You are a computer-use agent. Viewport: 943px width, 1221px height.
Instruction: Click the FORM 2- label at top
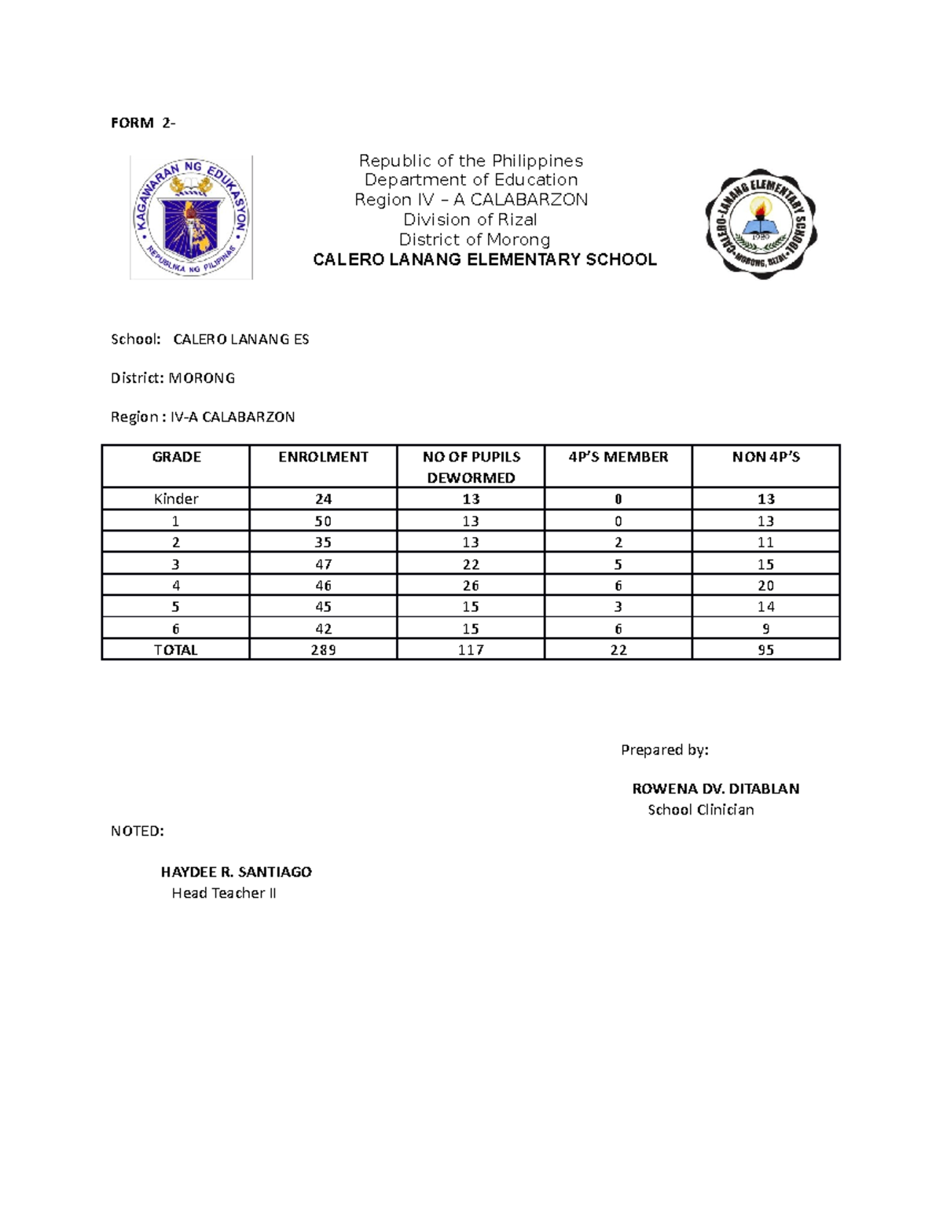pos(143,123)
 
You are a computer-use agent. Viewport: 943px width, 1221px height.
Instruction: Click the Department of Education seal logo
pos(191,217)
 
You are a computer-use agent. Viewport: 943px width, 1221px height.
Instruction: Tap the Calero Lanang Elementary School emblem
pos(760,223)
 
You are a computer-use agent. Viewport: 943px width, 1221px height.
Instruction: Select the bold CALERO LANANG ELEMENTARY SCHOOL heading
pos(484,260)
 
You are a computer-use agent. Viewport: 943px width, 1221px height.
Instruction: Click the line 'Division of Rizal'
pos(470,220)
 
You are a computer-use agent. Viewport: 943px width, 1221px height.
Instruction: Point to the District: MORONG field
pos(173,378)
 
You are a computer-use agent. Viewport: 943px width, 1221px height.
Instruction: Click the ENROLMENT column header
pos(323,457)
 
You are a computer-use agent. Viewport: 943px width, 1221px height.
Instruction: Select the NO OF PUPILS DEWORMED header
pos(471,467)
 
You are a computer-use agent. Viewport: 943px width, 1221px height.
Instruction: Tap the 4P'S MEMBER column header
pos(618,457)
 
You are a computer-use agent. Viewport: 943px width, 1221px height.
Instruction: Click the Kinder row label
pos(176,499)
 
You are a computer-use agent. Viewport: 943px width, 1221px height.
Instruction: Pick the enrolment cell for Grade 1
pos(323,521)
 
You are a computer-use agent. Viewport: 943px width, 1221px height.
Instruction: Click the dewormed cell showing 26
pos(471,586)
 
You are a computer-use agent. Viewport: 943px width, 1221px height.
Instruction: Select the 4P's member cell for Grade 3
pos(618,565)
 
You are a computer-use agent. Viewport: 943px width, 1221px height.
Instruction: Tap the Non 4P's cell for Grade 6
pos(765,629)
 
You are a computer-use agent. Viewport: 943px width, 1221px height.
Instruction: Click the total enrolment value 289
pos(323,650)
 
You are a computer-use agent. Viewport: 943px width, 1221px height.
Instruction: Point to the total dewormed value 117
pos(471,650)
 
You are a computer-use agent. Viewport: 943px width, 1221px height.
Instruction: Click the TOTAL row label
pos(176,650)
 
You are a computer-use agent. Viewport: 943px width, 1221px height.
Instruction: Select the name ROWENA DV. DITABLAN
pos(715,789)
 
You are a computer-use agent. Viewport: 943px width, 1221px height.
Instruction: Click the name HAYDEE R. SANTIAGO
pos(236,872)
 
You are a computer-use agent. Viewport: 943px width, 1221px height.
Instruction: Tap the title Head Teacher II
pos(224,893)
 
